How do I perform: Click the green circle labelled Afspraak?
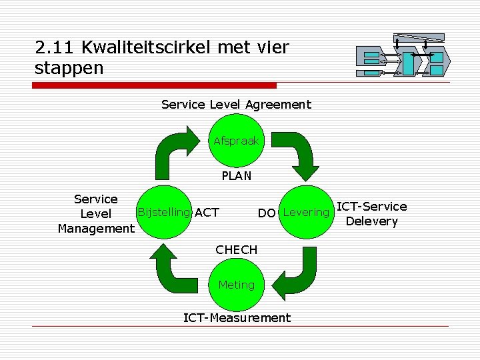[x=237, y=141]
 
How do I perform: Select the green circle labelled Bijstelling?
[x=163, y=213]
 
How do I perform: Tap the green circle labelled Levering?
[x=306, y=213]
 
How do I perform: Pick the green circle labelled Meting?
[x=237, y=285]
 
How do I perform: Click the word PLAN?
[x=237, y=176]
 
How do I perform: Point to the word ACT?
[x=207, y=213]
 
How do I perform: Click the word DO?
[x=267, y=213]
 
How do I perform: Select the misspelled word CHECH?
[x=236, y=250]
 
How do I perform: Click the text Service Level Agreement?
[x=236, y=105]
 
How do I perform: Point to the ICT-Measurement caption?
[x=237, y=318]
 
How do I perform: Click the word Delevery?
[x=372, y=221]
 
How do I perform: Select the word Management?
[x=96, y=229]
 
